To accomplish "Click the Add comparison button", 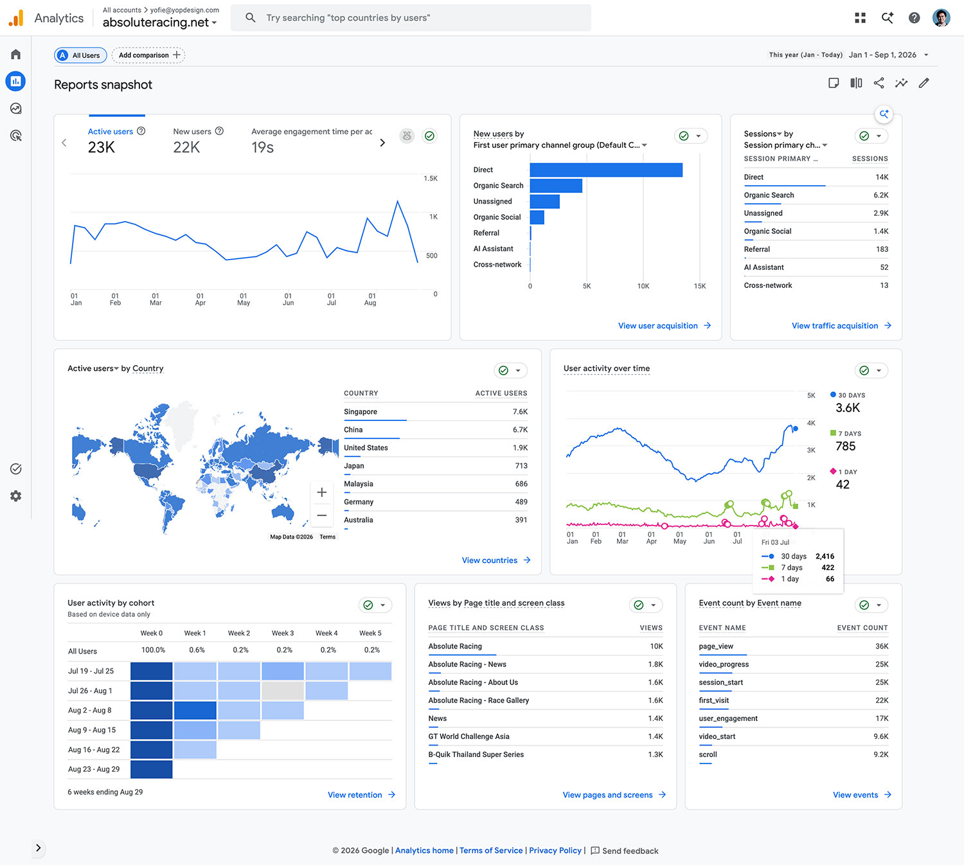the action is (148, 55).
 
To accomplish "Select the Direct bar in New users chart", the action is (605, 170).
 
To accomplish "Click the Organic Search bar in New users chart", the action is (556, 186).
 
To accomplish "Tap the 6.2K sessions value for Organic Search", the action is (880, 195).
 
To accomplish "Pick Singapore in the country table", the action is (360, 411).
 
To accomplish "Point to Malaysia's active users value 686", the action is (521, 484).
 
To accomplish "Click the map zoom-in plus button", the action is (321, 492).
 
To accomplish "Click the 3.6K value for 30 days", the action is (848, 408).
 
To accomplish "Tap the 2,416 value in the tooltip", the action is (825, 556).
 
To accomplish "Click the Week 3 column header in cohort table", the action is (283, 633).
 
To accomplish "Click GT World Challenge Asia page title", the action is (469, 736).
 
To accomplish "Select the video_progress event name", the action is (724, 664).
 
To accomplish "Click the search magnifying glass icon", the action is (250, 17).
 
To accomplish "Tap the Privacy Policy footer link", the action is (555, 850).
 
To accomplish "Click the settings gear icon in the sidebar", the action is (15, 495).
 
